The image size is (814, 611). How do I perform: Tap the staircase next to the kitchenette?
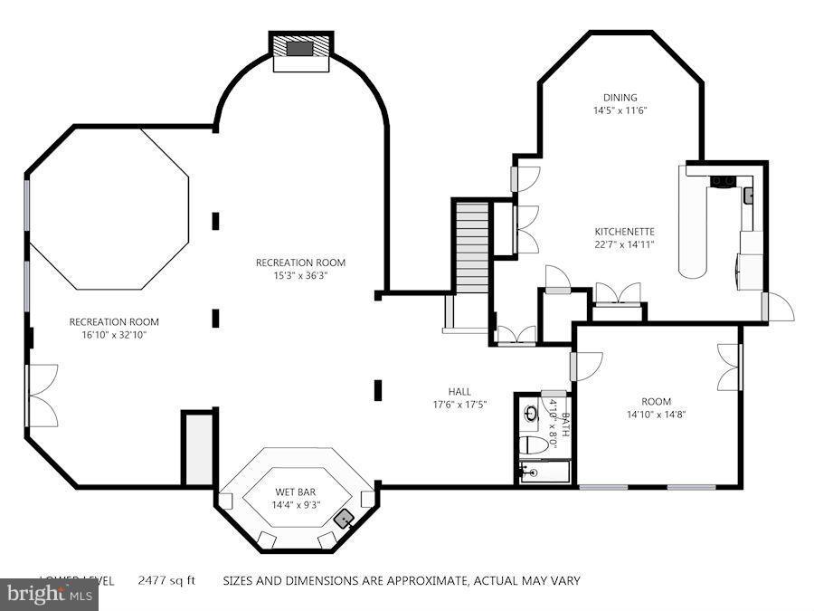(470, 243)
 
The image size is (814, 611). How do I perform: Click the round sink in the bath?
(532, 415)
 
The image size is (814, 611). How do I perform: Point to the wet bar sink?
(344, 519)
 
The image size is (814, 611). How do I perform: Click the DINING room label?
(620, 98)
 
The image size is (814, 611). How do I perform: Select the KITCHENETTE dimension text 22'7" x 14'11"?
(624, 243)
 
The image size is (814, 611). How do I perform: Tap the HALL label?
(459, 392)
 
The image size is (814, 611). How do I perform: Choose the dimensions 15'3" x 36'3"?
(300, 276)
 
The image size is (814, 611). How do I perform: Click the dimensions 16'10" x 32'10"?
(114, 335)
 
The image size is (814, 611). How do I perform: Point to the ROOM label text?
(657, 401)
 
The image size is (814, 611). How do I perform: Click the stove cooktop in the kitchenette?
(723, 182)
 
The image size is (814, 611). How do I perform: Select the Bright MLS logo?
(49, 594)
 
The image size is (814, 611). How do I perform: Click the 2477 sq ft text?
(166, 580)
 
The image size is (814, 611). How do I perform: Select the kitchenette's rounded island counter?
(694, 222)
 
